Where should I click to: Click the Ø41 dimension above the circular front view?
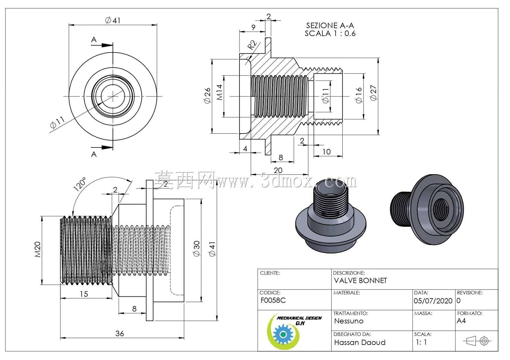pos(113,20)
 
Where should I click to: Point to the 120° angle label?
pos(80,183)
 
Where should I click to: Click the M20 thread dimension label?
pos(38,250)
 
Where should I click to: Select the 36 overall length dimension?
pos(120,334)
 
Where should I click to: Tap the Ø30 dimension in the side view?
pos(197,249)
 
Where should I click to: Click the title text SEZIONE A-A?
pos(330,26)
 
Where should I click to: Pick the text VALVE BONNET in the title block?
pos(360,281)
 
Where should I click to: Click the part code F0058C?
pos(273,300)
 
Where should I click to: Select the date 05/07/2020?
pos(433,301)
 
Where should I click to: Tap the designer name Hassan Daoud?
pos(360,343)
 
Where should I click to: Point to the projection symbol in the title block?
pos(477,341)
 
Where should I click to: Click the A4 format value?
pos(461,321)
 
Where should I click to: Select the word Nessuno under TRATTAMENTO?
pos(349,321)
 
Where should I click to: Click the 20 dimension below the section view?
pos(278,170)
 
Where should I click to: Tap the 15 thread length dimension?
pos(84,294)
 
